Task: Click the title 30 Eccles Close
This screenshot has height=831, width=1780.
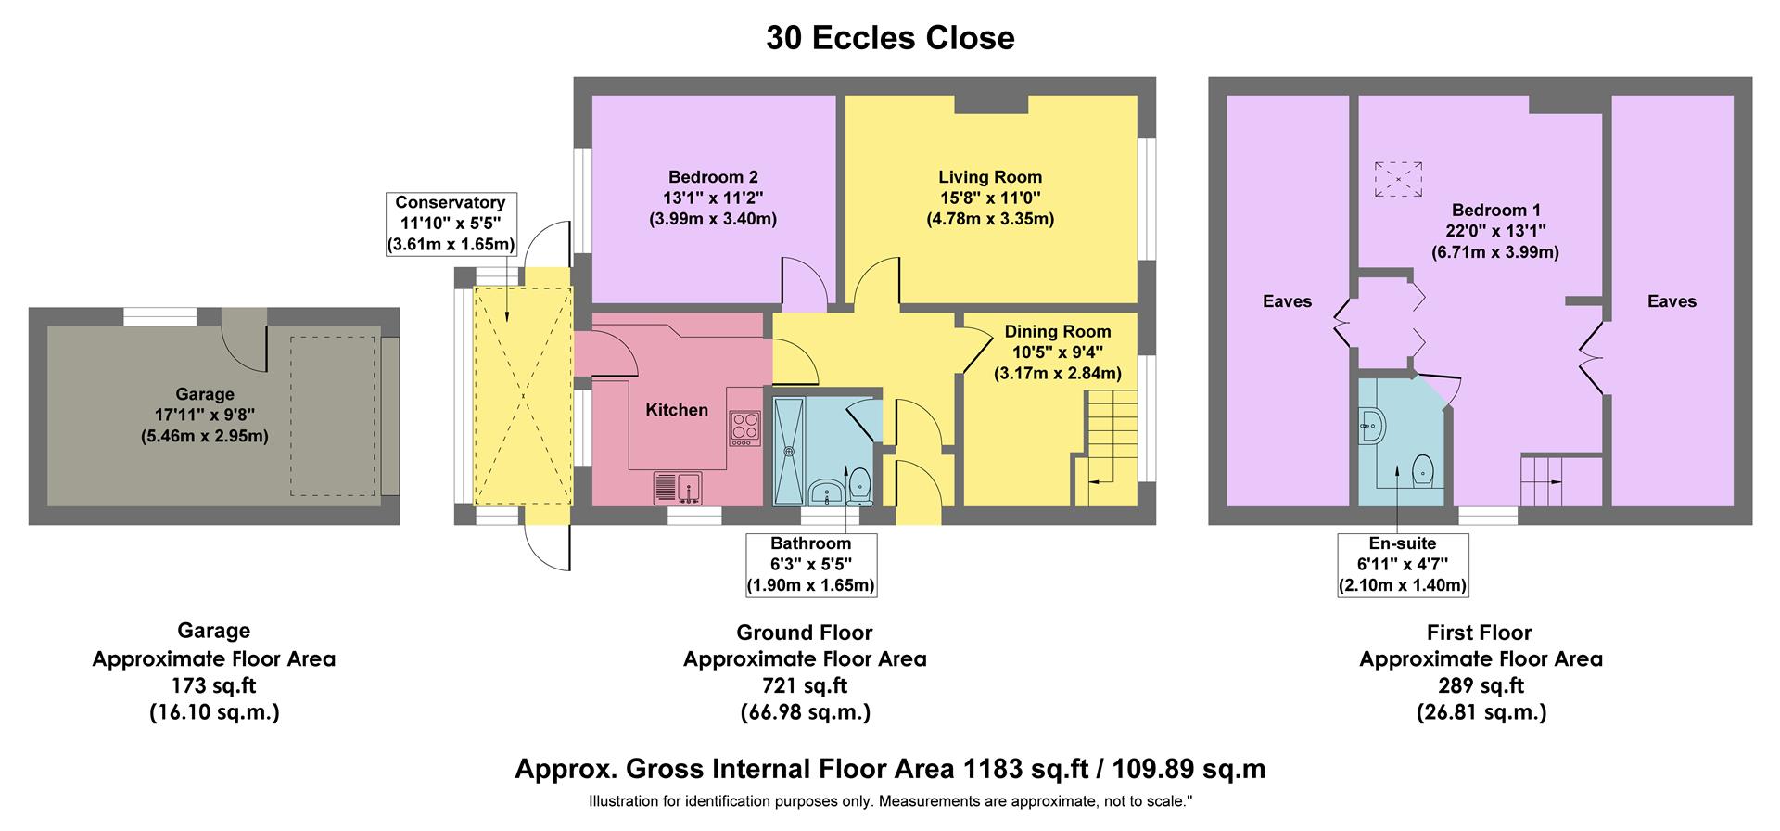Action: pos(890,38)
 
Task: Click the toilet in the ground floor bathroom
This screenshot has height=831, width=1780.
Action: pos(859,483)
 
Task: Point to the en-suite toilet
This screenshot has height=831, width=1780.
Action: pos(1422,473)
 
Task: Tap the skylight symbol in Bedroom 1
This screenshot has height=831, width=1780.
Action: pos(1398,179)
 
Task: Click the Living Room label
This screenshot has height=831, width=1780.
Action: pos(990,177)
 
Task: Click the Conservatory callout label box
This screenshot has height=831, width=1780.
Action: pos(451,224)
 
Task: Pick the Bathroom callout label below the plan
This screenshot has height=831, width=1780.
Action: pos(810,564)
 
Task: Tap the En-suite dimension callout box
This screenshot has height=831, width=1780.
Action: pos(1402,564)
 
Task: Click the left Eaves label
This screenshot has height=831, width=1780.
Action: pos(1287,301)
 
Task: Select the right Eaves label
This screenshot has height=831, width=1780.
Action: pos(1672,301)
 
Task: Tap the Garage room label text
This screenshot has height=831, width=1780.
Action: pos(205,394)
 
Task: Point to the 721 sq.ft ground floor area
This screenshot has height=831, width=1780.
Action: pos(805,686)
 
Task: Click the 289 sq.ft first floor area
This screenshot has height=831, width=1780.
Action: pos(1481,686)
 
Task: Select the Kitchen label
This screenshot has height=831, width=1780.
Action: pos(677,410)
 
